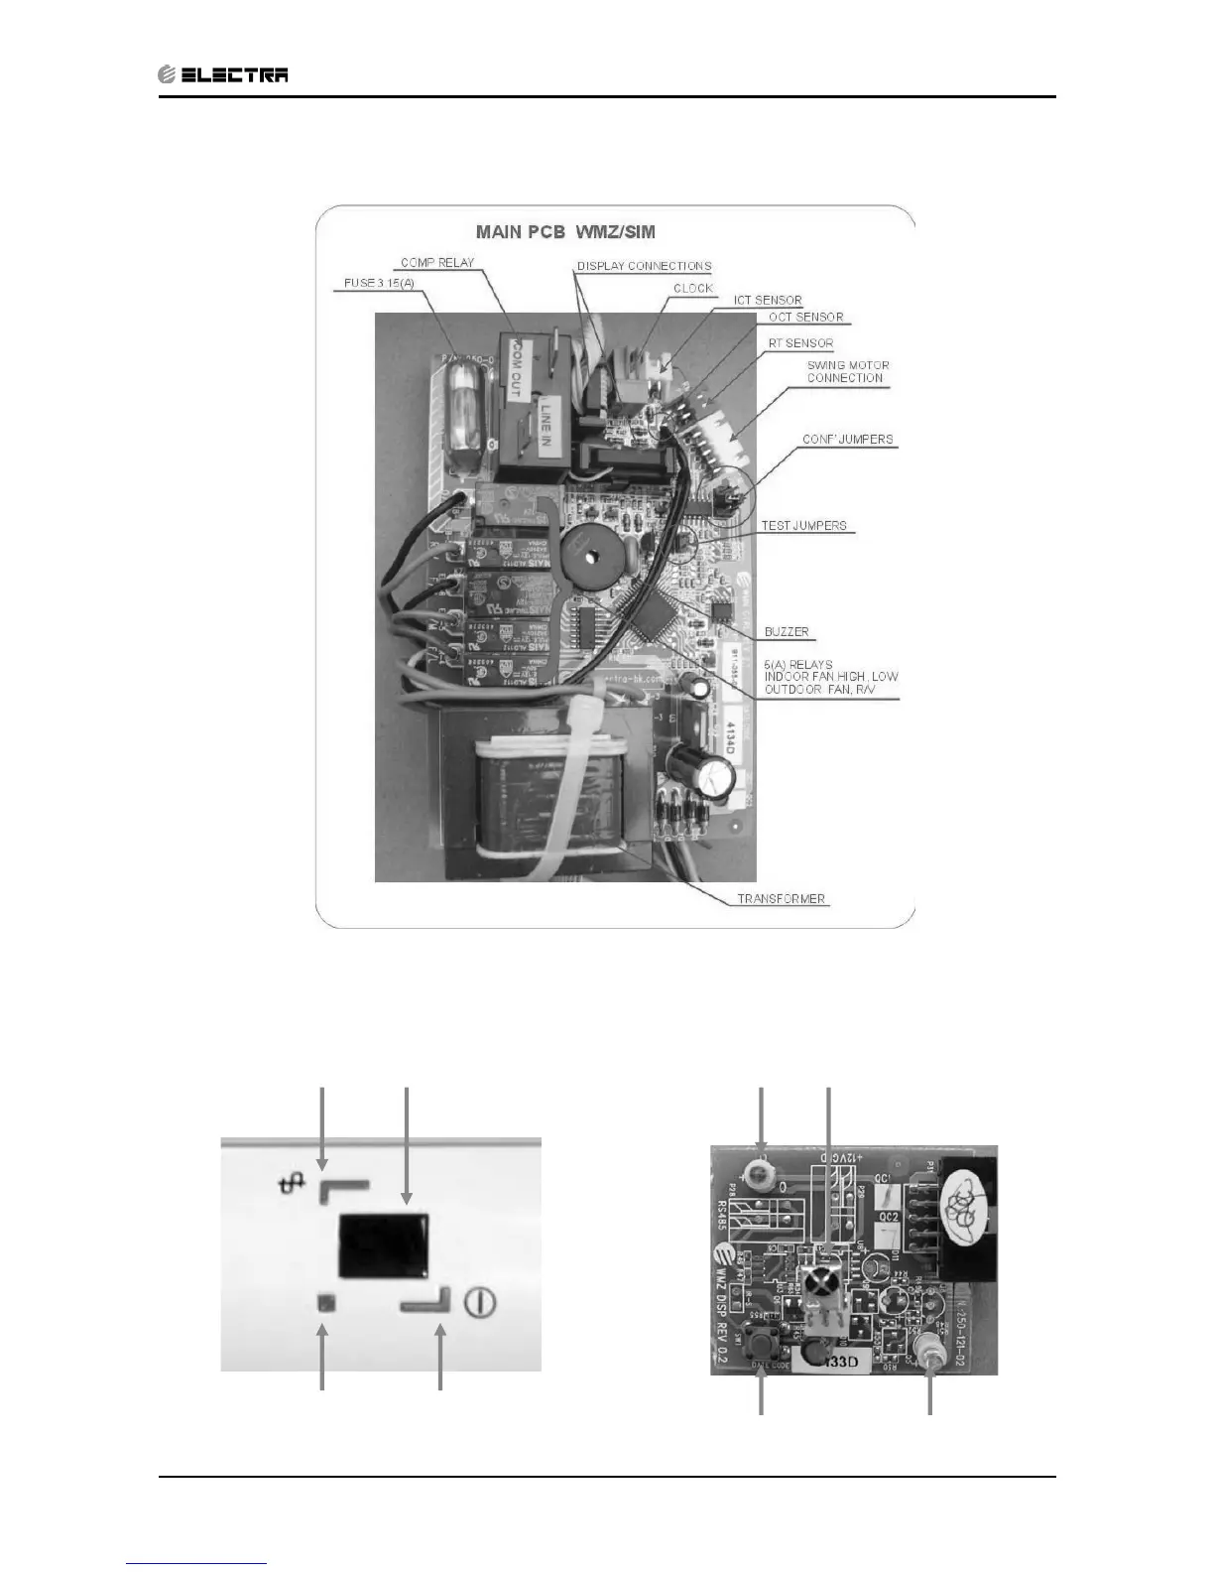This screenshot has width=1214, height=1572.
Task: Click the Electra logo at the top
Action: [223, 74]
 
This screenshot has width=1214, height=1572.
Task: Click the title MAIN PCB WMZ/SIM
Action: [565, 232]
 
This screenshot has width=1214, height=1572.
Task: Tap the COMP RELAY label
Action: [437, 263]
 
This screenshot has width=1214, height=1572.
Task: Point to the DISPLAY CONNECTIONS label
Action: [644, 266]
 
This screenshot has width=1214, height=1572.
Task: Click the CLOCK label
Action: [693, 289]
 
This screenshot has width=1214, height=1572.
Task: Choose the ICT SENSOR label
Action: [768, 301]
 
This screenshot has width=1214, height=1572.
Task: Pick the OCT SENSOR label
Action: [805, 318]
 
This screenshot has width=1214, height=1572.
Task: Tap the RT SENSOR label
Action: [800, 343]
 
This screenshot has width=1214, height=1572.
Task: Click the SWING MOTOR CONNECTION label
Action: [847, 371]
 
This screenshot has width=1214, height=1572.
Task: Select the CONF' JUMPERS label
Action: [847, 440]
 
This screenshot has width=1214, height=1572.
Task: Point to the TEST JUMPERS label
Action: [803, 526]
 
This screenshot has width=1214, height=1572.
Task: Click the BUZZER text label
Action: [787, 632]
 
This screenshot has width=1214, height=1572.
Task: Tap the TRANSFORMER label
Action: [781, 899]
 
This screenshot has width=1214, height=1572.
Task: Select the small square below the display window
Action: [324, 1303]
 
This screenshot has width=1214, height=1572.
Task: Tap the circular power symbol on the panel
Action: [480, 1303]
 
